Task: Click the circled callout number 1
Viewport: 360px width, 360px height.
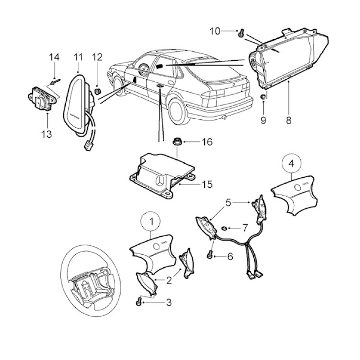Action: [151, 221]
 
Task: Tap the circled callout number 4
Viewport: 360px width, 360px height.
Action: [291, 163]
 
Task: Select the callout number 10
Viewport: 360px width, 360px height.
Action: [215, 31]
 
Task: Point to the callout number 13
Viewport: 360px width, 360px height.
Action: [47, 134]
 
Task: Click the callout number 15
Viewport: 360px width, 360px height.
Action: [207, 184]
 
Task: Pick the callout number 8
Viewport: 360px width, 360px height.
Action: [288, 120]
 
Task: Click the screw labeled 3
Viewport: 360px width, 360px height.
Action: [139, 302]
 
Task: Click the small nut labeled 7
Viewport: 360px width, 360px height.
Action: [224, 228]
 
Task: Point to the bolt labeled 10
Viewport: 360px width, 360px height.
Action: [241, 33]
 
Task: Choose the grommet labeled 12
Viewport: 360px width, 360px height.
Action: [98, 91]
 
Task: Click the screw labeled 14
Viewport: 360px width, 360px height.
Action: [55, 82]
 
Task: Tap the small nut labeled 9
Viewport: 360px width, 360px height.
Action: [263, 97]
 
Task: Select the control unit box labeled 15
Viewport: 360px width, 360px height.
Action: [162, 175]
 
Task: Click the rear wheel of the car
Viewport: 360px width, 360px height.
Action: [177, 112]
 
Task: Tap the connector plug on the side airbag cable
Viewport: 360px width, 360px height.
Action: [87, 146]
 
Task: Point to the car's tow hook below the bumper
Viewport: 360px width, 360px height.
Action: [224, 117]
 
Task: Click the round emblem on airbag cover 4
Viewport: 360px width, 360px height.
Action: [297, 187]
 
